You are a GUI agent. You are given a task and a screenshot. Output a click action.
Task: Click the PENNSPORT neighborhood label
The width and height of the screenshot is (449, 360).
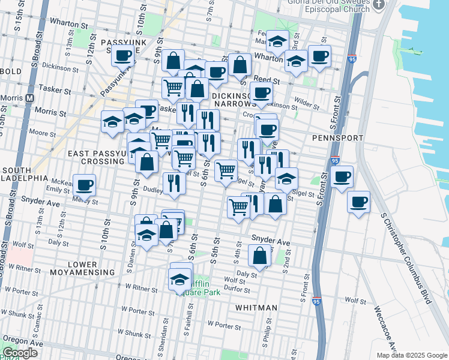coord(338,138)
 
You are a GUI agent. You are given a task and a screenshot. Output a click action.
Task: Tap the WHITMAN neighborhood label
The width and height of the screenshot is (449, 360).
coord(256,308)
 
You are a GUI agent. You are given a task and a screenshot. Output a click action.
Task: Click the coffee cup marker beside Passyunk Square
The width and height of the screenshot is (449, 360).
coord(123,56)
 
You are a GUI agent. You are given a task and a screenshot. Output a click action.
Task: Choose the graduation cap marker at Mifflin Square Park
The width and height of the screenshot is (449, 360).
coord(179,278)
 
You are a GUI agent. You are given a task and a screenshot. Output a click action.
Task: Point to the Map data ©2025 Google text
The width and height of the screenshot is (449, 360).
coord(411,355)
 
